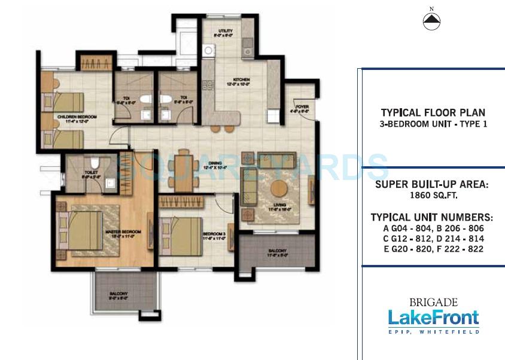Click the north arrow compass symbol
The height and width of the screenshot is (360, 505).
pos(431,22)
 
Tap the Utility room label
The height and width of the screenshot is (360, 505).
pos(225,30)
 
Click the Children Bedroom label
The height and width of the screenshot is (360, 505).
pos(74,117)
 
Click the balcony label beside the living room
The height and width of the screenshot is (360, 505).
pos(276,251)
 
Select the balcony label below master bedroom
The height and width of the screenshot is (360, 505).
pos(117,293)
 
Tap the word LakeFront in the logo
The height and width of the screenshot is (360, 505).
pos(433,317)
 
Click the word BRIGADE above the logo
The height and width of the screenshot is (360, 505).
pos(433,302)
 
